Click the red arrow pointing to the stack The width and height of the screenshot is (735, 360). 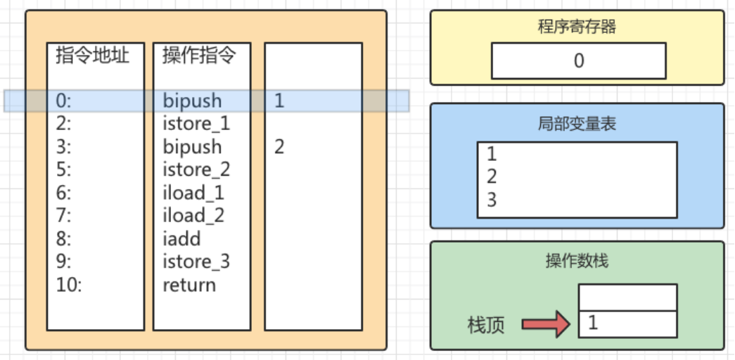pos(545,324)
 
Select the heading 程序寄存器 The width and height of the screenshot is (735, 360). pos(577,27)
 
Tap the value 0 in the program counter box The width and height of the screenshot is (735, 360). pos(578,61)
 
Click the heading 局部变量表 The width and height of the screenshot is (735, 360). pos(577,124)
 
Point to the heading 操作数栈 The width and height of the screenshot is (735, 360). pos(577,261)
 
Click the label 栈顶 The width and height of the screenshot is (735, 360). pos(486,325)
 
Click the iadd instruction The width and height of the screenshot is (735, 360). pos(181,239)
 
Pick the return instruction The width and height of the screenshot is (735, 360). pos(189,285)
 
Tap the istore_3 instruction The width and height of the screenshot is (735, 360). pos(196,262)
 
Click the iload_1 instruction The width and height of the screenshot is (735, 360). pos(193,193)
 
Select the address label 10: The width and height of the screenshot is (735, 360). pos(69,285)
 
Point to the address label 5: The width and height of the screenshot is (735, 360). pos(63,170)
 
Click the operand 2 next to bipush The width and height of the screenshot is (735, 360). pos(279,147)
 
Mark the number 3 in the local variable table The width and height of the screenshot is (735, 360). pos(492,200)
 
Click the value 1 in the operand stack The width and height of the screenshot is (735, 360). pos(592,323)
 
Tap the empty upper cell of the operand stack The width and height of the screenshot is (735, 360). pos(627,297)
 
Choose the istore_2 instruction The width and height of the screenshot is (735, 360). pos(196,170)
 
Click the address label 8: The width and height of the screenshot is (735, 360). pos(63,239)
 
